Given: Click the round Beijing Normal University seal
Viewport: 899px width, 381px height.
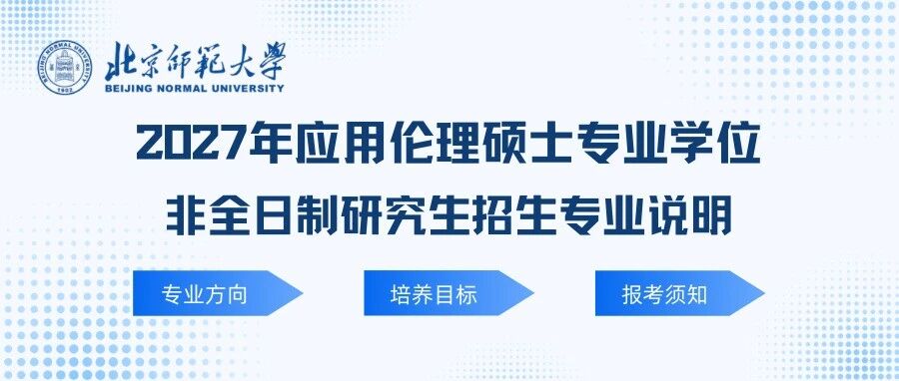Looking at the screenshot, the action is point(65,68).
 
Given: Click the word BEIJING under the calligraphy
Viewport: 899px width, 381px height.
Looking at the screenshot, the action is point(129,88).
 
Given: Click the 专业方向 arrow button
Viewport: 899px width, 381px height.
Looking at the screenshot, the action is point(217,293).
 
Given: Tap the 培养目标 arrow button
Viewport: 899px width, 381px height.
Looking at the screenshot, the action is point(449,293).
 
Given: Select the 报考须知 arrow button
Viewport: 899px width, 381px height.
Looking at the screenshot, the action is point(680,293).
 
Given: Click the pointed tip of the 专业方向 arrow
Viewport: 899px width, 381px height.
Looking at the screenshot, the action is point(302,293).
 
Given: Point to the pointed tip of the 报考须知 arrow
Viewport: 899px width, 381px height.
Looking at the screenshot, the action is point(765,293).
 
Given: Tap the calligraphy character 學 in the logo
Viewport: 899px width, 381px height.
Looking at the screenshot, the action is point(267,62).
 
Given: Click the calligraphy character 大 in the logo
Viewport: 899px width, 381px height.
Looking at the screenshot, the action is point(231,63).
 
